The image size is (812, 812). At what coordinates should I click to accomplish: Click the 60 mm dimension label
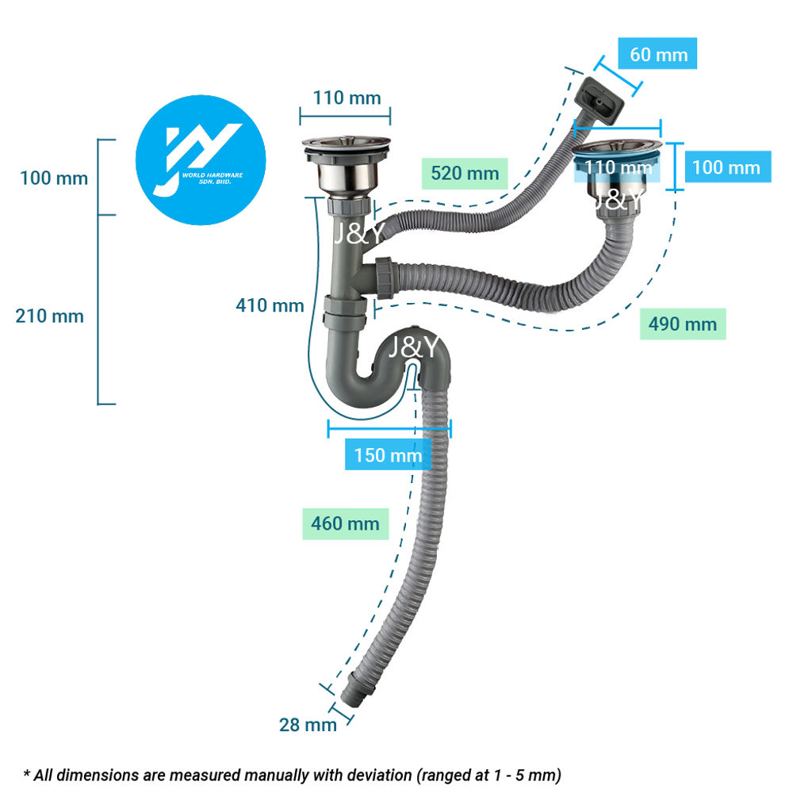click(658, 54)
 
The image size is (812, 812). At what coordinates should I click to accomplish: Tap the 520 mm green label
click(465, 172)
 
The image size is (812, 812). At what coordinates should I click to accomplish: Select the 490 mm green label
click(682, 324)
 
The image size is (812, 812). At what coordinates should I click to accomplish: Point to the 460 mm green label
click(345, 523)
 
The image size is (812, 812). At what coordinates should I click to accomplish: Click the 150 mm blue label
click(388, 455)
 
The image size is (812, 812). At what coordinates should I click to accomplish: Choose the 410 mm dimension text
click(270, 304)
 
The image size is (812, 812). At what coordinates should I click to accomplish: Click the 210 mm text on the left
click(49, 316)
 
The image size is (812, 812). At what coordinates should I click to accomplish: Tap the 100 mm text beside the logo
click(54, 178)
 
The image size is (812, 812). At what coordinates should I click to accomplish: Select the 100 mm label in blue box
click(726, 167)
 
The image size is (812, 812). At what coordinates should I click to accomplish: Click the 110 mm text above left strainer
click(346, 98)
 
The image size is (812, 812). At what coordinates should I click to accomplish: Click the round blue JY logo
click(201, 155)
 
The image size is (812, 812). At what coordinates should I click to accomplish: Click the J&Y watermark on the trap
click(413, 347)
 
